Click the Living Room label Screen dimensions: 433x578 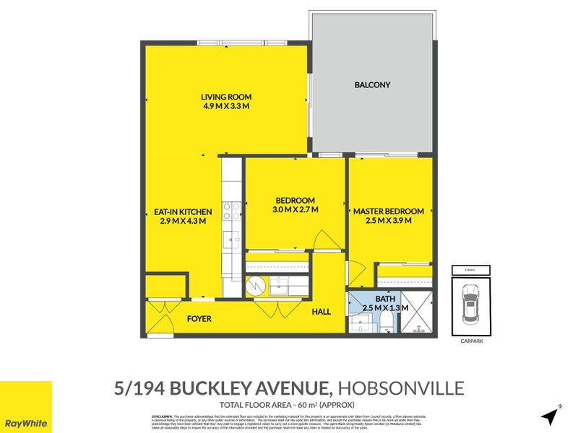(225, 96)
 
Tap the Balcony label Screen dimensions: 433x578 (372, 85)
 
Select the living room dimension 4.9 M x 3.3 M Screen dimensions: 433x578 (225, 106)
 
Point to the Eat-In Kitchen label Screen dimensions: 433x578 (183, 211)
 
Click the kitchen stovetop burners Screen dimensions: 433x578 (231, 210)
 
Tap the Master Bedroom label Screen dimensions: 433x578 (388, 211)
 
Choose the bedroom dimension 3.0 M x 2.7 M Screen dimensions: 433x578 (295, 209)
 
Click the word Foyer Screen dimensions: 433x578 (199, 318)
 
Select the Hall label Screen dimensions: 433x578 (322, 312)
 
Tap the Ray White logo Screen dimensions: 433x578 (26, 407)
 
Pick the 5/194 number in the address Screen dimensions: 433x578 (141, 389)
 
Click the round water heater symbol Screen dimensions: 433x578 (256, 287)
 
